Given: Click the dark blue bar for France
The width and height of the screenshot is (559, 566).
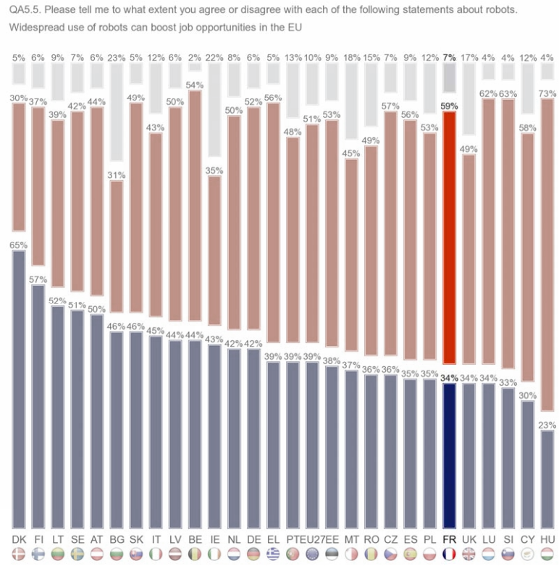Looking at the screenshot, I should (x=449, y=455).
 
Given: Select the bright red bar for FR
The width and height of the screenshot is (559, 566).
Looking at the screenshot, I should (x=449, y=236).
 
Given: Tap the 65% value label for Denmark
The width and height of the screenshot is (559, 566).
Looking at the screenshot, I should (x=19, y=245).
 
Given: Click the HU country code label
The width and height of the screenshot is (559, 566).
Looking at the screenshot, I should (x=547, y=540).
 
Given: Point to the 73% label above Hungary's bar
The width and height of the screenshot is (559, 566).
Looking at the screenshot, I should (x=548, y=93).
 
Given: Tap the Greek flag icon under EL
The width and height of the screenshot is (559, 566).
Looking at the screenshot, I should (x=273, y=554).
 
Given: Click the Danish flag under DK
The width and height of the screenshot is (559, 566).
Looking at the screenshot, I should (x=19, y=554).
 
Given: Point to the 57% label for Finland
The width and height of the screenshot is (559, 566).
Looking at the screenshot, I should (x=38, y=279).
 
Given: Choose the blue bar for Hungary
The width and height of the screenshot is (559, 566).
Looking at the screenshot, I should (x=547, y=479).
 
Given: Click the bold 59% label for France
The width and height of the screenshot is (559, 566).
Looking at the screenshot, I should (x=449, y=106).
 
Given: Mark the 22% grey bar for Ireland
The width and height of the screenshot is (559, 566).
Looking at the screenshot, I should (x=214, y=119).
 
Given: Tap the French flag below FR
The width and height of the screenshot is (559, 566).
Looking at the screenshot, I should (x=449, y=554).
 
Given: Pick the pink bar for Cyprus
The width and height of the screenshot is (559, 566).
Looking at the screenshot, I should (x=528, y=257).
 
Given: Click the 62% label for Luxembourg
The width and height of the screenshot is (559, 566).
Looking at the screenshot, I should (x=489, y=93).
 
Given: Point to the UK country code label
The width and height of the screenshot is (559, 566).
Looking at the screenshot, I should (x=469, y=540).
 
